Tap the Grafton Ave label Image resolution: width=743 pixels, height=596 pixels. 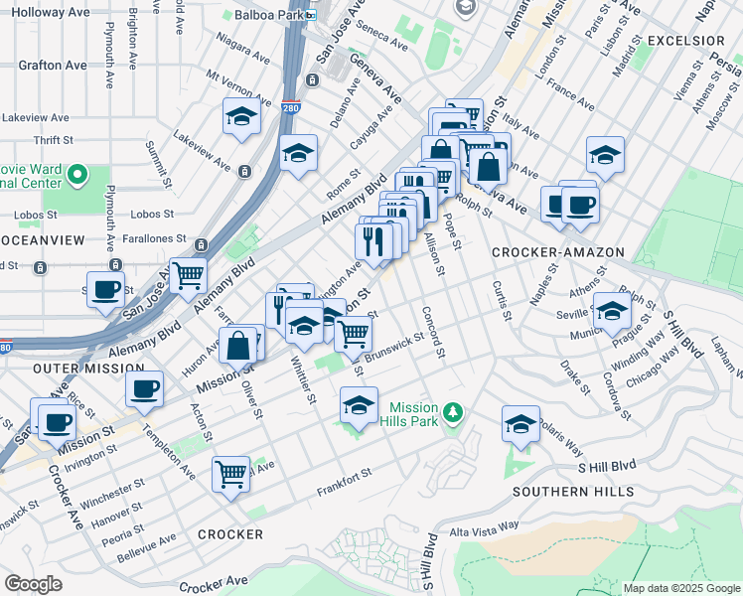pyautogui.click(x=53, y=66)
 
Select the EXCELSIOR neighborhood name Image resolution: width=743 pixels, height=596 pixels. pyautogui.click(x=685, y=41)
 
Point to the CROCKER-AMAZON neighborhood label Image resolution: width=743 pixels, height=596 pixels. pyautogui.click(x=557, y=253)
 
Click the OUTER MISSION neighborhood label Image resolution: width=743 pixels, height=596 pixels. pyautogui.click(x=74, y=368)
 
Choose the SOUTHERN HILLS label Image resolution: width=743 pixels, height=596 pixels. pyautogui.click(x=573, y=492)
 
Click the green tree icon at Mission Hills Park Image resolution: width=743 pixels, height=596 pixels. pyautogui.click(x=453, y=411)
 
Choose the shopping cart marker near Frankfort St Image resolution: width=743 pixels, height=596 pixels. pyautogui.click(x=230, y=473)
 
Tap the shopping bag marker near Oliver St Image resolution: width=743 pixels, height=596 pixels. pyautogui.click(x=238, y=347)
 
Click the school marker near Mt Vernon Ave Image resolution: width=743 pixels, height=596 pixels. pyautogui.click(x=240, y=116)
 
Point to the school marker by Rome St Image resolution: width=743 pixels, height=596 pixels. pyautogui.click(x=298, y=154)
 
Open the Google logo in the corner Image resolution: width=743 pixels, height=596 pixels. pyautogui.click(x=33, y=584)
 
